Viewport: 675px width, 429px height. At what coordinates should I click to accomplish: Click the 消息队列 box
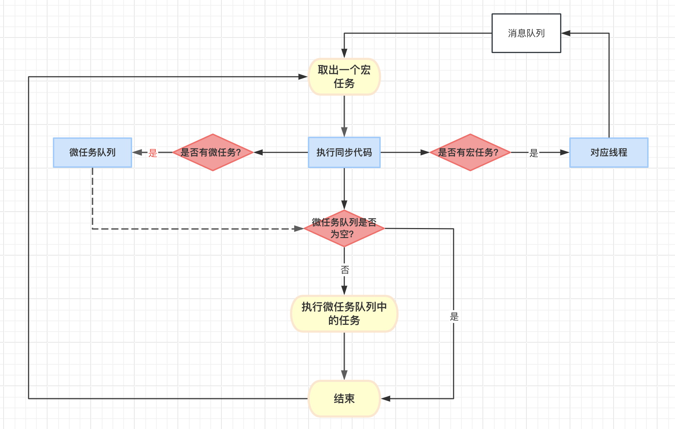pyautogui.click(x=526, y=33)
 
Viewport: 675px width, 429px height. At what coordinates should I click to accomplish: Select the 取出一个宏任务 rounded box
pyautogui.click(x=344, y=77)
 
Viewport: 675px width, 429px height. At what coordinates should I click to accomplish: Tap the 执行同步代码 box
pyautogui.click(x=344, y=152)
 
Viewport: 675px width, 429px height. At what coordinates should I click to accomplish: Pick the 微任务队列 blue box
pyautogui.click(x=92, y=152)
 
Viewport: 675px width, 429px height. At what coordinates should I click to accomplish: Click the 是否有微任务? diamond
pyautogui.click(x=213, y=152)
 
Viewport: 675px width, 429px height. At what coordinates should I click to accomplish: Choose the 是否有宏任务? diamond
pyautogui.click(x=470, y=152)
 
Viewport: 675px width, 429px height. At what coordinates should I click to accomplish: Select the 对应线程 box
pyautogui.click(x=609, y=152)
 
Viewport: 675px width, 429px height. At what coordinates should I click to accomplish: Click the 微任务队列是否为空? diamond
pyautogui.click(x=344, y=228)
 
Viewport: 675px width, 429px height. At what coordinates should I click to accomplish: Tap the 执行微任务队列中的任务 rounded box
pyautogui.click(x=344, y=314)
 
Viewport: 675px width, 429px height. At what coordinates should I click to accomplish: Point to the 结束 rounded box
pyautogui.click(x=344, y=399)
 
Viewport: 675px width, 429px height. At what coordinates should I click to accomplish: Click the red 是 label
pyautogui.click(x=153, y=153)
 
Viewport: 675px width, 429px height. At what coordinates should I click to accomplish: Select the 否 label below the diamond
pyautogui.click(x=345, y=270)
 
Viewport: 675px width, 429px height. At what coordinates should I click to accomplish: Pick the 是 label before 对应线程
pyautogui.click(x=534, y=153)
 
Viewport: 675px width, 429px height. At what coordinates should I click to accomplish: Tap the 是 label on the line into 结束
pyautogui.click(x=454, y=317)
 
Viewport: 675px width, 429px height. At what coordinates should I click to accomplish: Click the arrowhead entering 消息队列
pyautogui.click(x=566, y=33)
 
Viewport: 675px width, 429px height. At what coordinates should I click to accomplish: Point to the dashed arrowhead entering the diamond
pyautogui.click(x=299, y=229)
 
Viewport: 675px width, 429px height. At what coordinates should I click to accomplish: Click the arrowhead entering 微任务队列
pyautogui.click(x=137, y=152)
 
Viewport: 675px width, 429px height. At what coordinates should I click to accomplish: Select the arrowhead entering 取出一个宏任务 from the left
pyautogui.click(x=303, y=77)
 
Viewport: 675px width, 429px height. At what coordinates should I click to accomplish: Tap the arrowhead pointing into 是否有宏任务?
pyautogui.click(x=425, y=152)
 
